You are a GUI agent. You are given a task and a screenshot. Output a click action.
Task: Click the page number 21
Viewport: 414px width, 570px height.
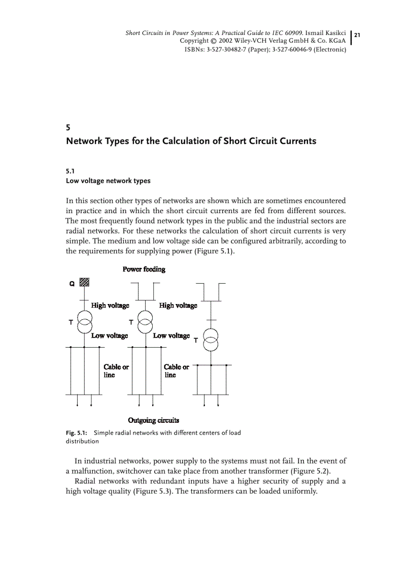click(x=357, y=35)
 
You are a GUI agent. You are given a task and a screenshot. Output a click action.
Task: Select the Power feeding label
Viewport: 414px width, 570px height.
click(x=144, y=269)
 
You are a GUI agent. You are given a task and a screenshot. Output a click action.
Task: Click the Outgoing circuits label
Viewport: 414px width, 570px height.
click(x=154, y=420)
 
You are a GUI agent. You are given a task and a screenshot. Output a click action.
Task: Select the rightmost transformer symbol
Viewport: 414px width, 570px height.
click(x=211, y=340)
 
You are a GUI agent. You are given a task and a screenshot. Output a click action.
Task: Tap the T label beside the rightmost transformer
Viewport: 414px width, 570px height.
click(x=196, y=341)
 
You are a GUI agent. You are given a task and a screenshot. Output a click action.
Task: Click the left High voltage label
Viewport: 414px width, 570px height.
click(x=110, y=305)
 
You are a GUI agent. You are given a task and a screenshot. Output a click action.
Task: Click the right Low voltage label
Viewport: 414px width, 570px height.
click(x=171, y=336)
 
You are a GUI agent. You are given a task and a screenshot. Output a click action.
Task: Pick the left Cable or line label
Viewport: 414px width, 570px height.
click(x=116, y=371)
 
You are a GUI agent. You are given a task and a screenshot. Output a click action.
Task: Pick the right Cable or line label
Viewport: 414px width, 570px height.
click(x=176, y=371)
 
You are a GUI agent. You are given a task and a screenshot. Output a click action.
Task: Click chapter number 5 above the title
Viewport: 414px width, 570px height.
click(x=68, y=127)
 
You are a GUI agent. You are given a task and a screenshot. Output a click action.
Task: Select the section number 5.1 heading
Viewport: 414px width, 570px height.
click(x=71, y=172)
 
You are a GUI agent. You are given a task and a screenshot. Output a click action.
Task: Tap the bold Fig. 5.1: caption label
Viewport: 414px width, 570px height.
click(x=77, y=433)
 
